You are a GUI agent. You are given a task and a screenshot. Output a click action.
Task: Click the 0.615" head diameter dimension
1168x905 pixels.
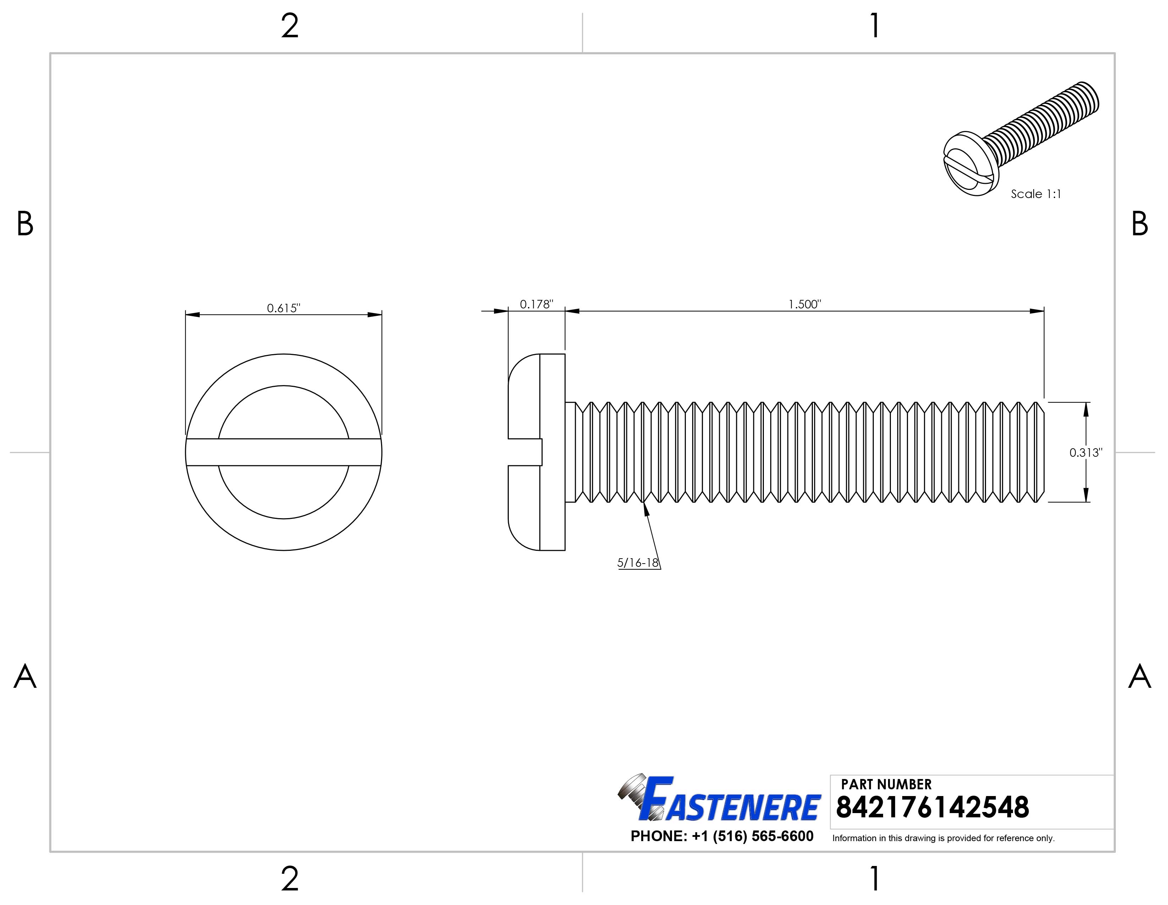pos(283,308)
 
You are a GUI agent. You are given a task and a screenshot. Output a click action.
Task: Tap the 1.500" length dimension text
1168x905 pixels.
pos(804,305)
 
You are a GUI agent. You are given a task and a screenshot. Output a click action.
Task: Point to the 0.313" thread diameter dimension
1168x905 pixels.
pos(1086,452)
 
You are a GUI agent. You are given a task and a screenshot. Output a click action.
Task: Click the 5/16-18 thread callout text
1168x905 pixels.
pos(638,563)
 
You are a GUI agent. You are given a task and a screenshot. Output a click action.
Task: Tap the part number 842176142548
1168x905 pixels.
pos(932,808)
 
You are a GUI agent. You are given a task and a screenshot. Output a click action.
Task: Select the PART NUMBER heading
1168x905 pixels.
pos(886,784)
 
